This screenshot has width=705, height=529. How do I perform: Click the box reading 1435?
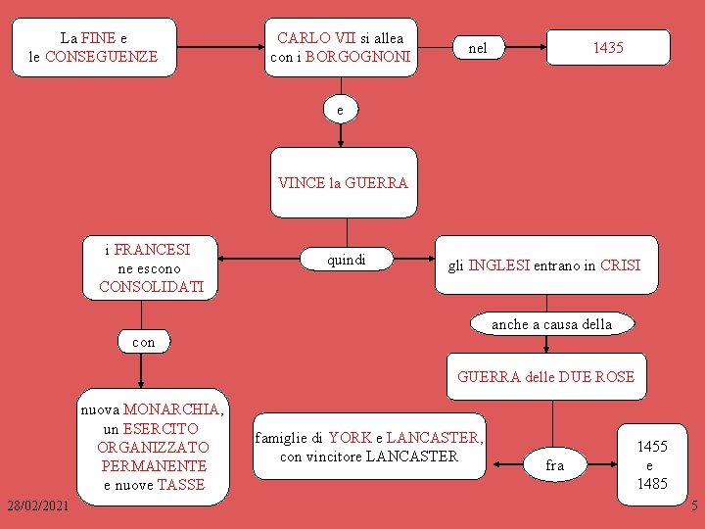[x=608, y=48]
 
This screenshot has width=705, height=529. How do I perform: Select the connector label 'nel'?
[x=478, y=48]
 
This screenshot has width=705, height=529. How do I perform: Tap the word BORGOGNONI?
[x=357, y=57]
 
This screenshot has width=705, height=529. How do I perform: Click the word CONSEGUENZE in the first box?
[x=101, y=57]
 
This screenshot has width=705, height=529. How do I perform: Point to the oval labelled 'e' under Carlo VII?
[x=340, y=111]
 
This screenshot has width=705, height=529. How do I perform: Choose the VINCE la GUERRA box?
[x=343, y=182]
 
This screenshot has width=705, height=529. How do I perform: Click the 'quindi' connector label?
[x=347, y=260]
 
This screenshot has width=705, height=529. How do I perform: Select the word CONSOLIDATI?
[x=152, y=287]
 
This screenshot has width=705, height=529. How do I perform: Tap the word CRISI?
[x=621, y=265]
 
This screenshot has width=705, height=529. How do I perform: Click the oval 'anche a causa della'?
[x=551, y=324]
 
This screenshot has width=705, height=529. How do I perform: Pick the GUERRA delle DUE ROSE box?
[x=545, y=377]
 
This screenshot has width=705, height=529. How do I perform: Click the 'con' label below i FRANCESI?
[x=143, y=342]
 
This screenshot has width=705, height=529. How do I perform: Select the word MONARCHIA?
[x=172, y=409]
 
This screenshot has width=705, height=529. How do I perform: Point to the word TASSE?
[x=181, y=484]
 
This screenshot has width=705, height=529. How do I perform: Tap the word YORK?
[x=351, y=438]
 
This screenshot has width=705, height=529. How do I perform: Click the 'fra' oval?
[x=555, y=465]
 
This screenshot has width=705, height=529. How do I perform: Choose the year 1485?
[x=652, y=483]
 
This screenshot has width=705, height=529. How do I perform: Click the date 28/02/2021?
[x=37, y=505]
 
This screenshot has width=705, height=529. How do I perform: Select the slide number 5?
[x=694, y=506]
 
